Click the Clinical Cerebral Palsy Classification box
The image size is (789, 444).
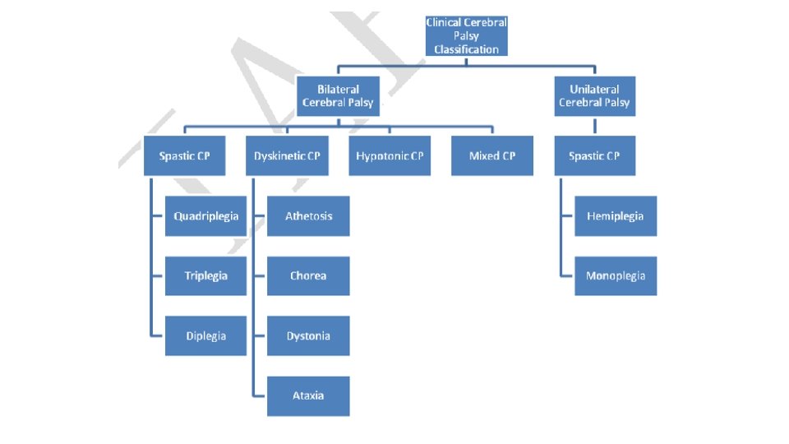[x=467, y=36]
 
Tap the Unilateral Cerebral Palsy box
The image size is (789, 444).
[x=594, y=96]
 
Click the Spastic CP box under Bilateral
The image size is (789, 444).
[x=184, y=156]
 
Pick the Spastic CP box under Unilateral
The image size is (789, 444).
[x=594, y=156]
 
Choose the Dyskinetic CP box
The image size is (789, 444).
[x=287, y=156]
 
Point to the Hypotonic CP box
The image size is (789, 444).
[x=390, y=156]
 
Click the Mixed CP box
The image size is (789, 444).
[x=491, y=156]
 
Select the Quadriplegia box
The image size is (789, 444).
[x=205, y=216]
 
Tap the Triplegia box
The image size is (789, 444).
[x=205, y=276]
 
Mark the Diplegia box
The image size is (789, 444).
[x=205, y=335]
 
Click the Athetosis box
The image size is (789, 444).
[x=308, y=216]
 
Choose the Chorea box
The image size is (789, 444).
[x=308, y=276]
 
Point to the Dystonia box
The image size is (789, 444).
[x=308, y=335]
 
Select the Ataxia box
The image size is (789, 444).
[x=308, y=395]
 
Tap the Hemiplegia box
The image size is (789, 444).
[x=616, y=216]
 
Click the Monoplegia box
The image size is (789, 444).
[x=616, y=276]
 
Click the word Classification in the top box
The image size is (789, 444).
[x=467, y=49]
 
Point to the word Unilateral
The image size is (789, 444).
[x=594, y=90]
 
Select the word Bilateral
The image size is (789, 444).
[x=338, y=90]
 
